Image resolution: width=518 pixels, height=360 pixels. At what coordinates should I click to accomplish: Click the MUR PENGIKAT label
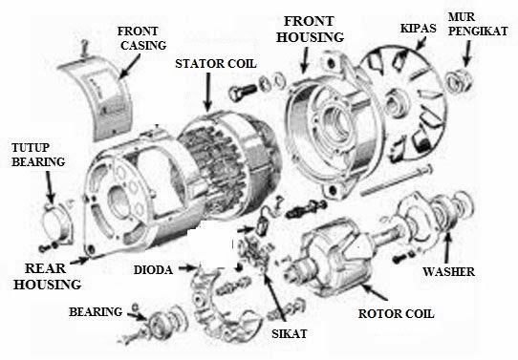[x=484, y=23]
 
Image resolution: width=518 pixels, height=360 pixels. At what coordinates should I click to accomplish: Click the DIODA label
[x=153, y=270]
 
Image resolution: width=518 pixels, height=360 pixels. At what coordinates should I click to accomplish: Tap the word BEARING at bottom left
[x=96, y=312]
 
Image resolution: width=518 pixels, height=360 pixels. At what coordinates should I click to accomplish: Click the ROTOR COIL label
[x=396, y=312]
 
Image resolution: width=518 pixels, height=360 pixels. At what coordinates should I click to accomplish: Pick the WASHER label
[x=449, y=271]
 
